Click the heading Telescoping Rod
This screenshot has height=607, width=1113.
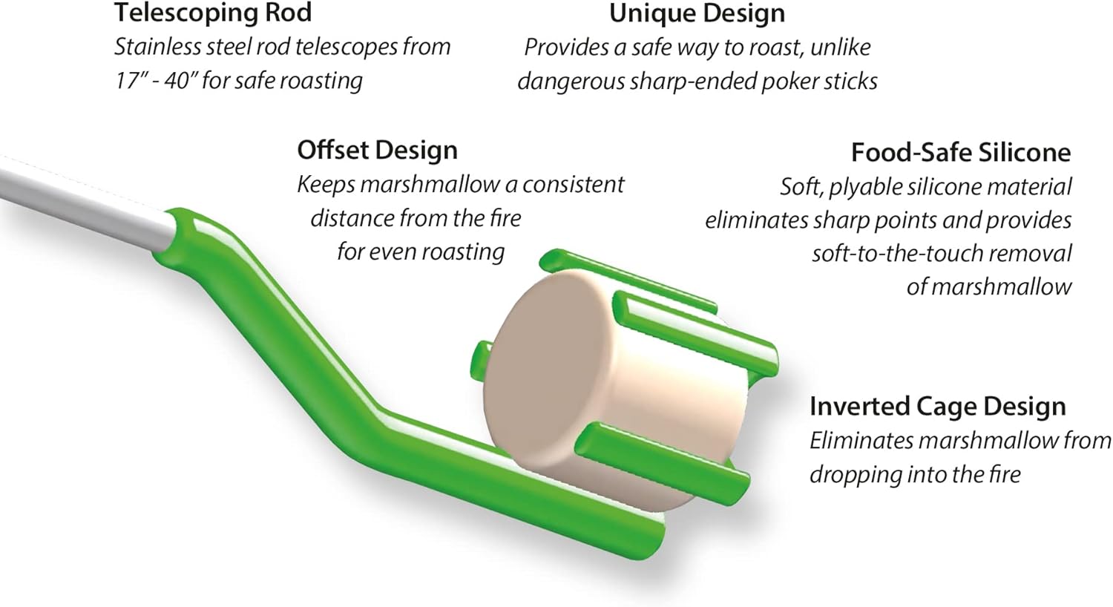click(212, 13)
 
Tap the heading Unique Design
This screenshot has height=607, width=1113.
click(697, 13)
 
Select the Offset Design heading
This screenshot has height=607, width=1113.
click(377, 150)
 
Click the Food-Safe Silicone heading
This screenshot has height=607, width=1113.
click(960, 152)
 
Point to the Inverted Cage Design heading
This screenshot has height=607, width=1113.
click(937, 407)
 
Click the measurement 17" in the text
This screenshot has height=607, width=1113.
click(128, 80)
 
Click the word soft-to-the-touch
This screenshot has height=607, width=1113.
click(899, 253)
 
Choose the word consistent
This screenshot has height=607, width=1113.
click(573, 184)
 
